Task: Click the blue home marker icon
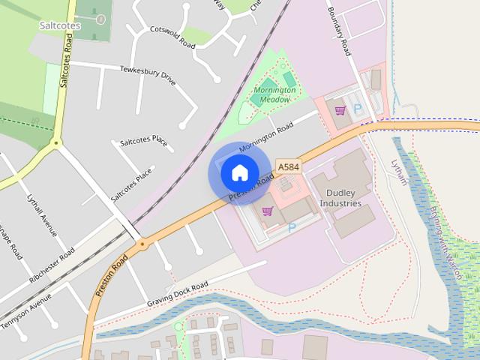pyautogui.click(x=239, y=173)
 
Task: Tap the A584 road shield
pyautogui.click(x=287, y=166)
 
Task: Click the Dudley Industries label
pyautogui.click(x=340, y=198)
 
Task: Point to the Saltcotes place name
pyautogui.click(x=59, y=25)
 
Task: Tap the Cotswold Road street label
pyautogui.click(x=172, y=37)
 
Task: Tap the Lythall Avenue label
pyautogui.click(x=42, y=216)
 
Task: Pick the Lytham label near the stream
pyautogui.click(x=398, y=172)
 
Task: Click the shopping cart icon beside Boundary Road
pyautogui.click(x=340, y=110)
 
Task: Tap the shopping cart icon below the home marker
pyautogui.click(x=267, y=211)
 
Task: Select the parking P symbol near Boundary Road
pyautogui.click(x=358, y=109)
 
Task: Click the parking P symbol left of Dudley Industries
pyautogui.click(x=292, y=226)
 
